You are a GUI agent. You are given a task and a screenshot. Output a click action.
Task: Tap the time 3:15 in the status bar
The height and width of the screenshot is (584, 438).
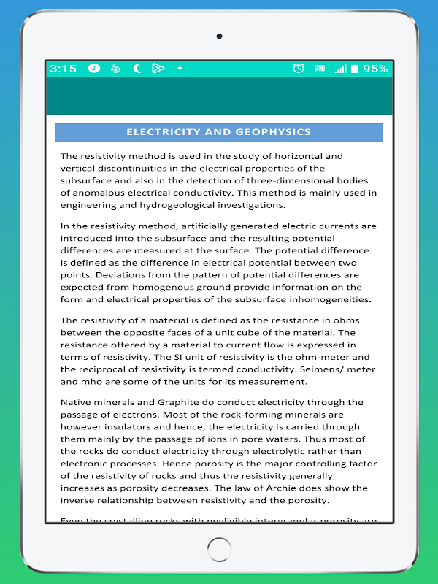(x=64, y=69)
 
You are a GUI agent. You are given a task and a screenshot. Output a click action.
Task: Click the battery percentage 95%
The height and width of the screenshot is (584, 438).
(x=375, y=69)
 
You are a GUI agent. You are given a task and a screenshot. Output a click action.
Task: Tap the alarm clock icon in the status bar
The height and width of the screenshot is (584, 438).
(x=298, y=69)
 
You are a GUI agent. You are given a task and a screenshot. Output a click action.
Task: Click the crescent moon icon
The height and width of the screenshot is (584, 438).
(x=137, y=69)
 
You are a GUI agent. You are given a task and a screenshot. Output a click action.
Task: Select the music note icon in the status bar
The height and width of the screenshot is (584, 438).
(x=94, y=69)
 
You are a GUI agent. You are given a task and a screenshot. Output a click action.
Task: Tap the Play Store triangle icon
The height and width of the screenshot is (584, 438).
(x=158, y=69)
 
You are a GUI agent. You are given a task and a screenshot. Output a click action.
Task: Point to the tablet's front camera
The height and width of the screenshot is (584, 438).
(x=219, y=36)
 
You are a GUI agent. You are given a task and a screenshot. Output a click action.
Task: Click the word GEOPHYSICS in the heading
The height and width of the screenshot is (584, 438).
(x=273, y=132)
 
